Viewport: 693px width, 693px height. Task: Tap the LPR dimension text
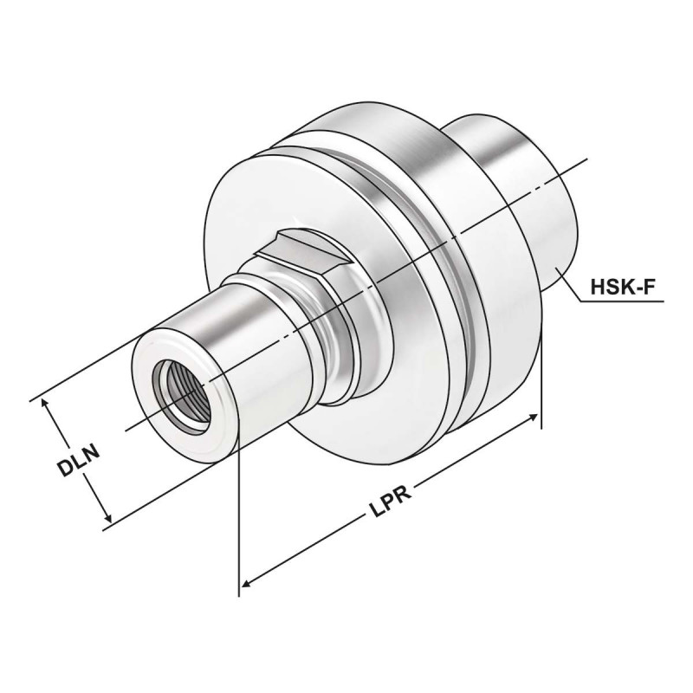click(387, 508)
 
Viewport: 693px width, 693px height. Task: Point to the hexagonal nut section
click(303, 260)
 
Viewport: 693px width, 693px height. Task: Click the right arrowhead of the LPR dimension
click(532, 419)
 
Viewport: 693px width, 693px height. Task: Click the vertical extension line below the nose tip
click(237, 520)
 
